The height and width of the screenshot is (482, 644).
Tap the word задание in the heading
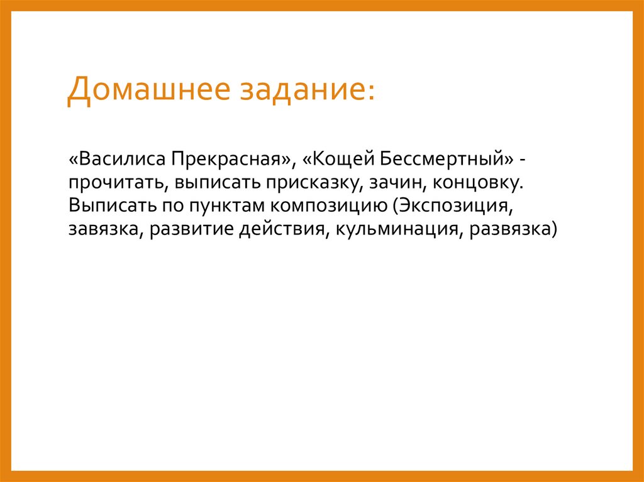tap(300, 90)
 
